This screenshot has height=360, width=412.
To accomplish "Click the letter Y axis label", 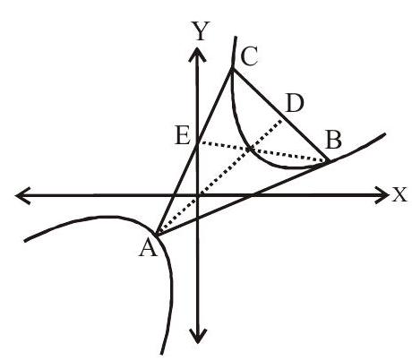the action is [202, 30].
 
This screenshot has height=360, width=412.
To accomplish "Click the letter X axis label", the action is [399, 194].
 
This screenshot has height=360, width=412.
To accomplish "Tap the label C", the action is [249, 56].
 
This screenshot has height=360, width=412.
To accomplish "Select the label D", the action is [295, 103].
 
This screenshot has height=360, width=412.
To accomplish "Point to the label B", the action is [333, 140].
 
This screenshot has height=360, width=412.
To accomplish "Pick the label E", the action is [183, 136].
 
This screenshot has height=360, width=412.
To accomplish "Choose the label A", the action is [148, 249].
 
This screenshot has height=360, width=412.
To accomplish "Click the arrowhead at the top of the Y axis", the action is [197, 55].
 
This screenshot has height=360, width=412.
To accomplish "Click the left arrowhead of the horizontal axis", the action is [22, 196].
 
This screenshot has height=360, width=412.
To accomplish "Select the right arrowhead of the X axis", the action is [382, 195].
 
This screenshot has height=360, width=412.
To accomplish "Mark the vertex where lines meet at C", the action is [232, 70].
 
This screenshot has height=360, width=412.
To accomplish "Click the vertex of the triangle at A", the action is [156, 235].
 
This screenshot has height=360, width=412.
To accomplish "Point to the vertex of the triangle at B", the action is [330, 162].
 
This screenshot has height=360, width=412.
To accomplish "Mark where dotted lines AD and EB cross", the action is [250, 149].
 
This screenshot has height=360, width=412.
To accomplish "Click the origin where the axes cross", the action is [197, 195].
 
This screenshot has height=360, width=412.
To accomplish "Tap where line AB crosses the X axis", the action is [253, 195].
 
